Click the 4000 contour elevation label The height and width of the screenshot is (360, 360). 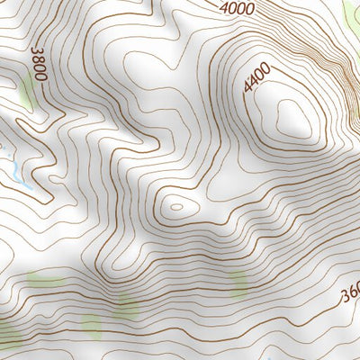coord(238,8)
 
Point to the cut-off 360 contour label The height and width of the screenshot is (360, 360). coord(350,295)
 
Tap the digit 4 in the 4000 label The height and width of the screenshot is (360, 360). coord(225,9)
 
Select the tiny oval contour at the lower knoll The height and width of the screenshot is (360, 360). coord(176,206)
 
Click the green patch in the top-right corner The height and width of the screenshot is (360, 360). coord(351,13)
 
